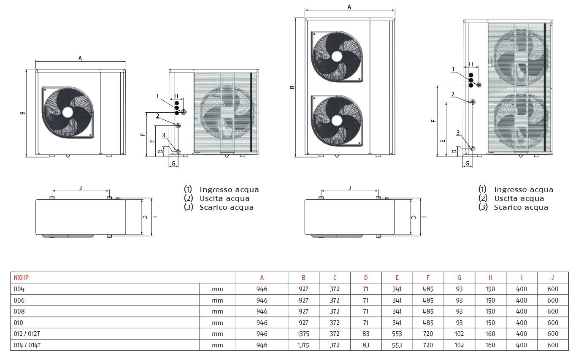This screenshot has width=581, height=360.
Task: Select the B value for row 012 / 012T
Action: tap(303, 334)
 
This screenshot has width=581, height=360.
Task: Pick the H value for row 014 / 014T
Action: tap(490, 345)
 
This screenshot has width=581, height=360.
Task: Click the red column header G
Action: tap(459, 278)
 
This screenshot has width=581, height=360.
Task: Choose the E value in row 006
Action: tap(397, 300)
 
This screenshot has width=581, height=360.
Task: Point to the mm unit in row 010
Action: tap(217, 323)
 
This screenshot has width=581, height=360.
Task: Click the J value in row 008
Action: tap(552, 311)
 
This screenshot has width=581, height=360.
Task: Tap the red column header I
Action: tap(522, 278)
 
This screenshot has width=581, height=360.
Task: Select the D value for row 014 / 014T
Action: tap(366, 345)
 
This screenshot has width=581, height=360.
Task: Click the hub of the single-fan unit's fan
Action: tap(68, 112)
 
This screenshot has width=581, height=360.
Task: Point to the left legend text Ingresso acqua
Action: tap(229, 190)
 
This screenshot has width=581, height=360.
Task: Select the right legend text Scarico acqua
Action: tap(521, 207)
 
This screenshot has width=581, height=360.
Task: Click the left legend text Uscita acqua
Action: tap(224, 198)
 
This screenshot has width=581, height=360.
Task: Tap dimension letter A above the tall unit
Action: tap(349, 7)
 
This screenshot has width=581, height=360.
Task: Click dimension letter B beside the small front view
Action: tap(23, 113)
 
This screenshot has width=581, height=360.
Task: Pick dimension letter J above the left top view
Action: tap(81, 187)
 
